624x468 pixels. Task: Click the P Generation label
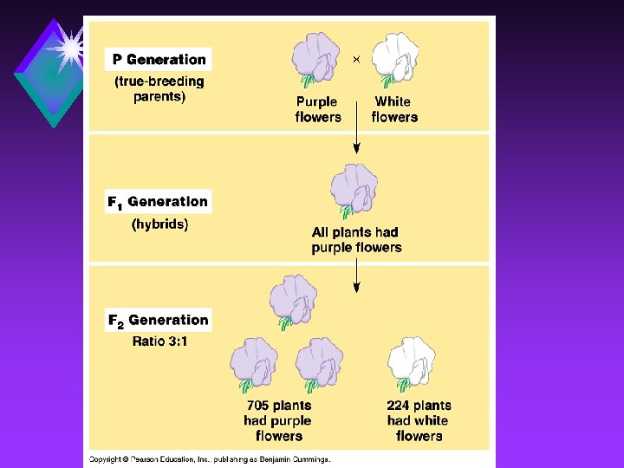[x=159, y=60]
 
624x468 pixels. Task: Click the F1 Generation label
[x=158, y=202]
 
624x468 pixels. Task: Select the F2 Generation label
[x=158, y=320]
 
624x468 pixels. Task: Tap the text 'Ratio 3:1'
[x=159, y=341]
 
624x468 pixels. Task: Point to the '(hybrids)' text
[x=159, y=224]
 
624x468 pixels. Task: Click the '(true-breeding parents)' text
[x=159, y=88]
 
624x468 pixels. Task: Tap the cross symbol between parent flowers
[x=356, y=59]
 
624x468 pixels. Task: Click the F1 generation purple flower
[x=354, y=189]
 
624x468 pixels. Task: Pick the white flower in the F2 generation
[x=413, y=363]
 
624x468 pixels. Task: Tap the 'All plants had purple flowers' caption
[x=356, y=240]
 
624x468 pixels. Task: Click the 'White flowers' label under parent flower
[x=393, y=109]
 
